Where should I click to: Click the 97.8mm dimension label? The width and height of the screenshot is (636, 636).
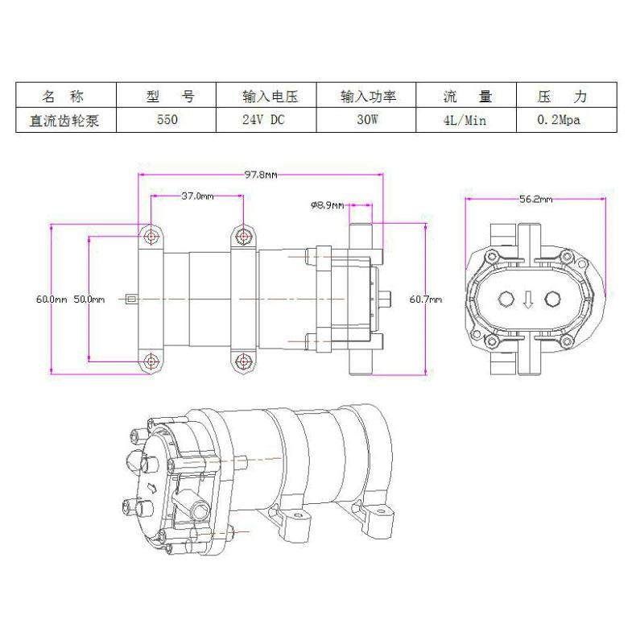[260, 175]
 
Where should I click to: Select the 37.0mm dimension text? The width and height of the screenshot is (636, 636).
[197, 196]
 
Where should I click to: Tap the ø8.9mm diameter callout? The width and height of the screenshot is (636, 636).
[328, 205]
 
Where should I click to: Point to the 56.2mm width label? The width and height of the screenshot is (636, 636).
[536, 199]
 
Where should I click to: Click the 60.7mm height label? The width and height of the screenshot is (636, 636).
[426, 299]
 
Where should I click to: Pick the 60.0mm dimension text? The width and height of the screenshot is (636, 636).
[52, 299]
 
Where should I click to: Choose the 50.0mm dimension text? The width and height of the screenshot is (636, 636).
[89, 299]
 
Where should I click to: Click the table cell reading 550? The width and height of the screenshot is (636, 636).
[167, 120]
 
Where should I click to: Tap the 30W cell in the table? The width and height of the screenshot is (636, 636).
[367, 120]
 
